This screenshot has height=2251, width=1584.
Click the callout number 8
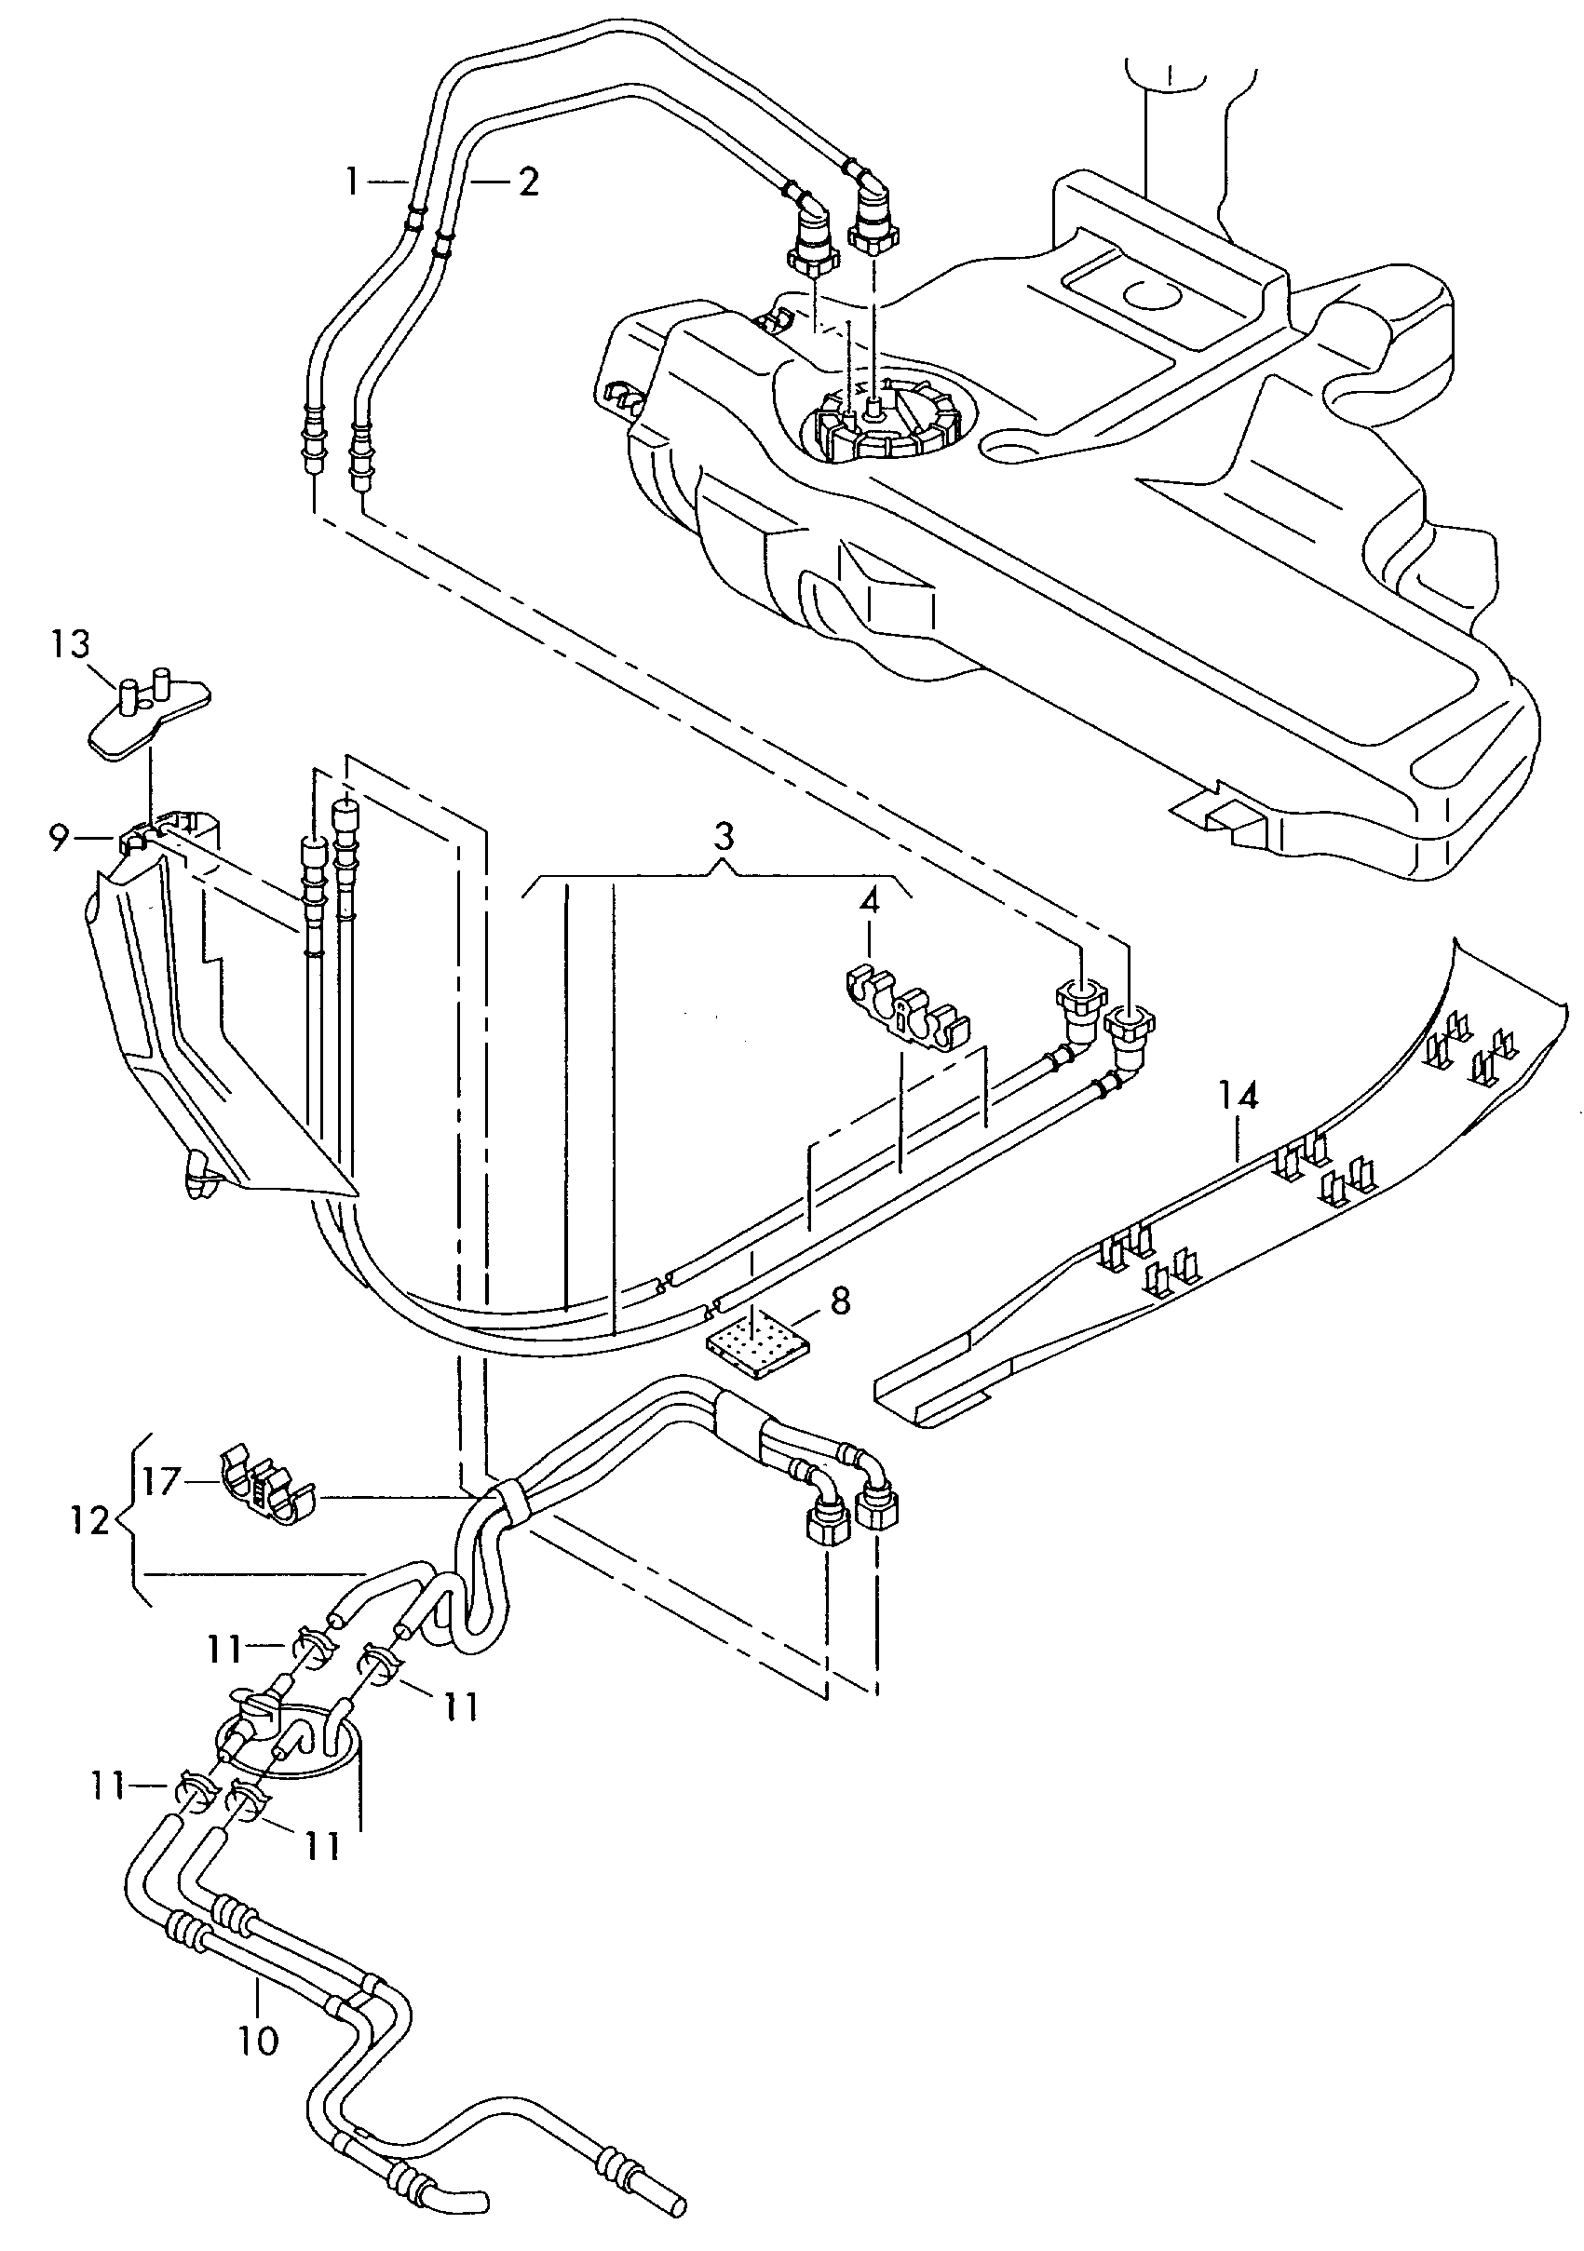(x=840, y=1301)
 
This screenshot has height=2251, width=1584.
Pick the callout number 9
(x=59, y=838)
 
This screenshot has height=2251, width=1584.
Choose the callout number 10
(x=258, y=2042)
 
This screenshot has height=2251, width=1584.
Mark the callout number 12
(x=90, y=1521)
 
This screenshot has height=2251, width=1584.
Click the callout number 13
(x=71, y=644)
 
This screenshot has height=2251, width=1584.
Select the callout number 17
(x=164, y=1480)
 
